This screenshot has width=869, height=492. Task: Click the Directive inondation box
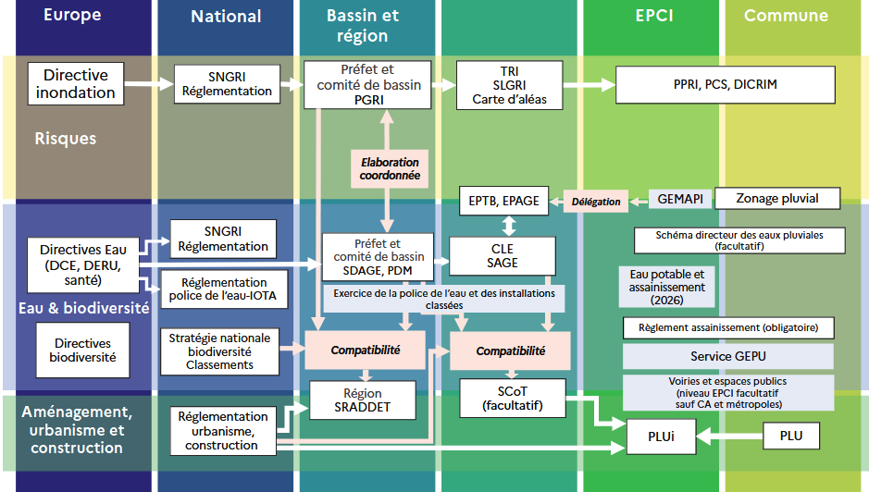(x=75, y=83)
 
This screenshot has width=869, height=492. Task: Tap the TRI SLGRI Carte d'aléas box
(x=510, y=85)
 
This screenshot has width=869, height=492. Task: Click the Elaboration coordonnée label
(x=390, y=168)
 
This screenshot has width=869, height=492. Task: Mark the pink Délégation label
(x=596, y=201)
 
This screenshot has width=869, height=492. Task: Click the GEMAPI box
(x=680, y=199)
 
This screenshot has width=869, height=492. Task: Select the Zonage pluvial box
(x=776, y=198)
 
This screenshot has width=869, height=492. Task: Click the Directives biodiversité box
(x=83, y=351)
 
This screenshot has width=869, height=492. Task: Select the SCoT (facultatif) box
(x=512, y=397)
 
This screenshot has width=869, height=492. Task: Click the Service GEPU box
(x=727, y=356)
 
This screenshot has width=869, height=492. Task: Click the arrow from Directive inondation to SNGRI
(x=148, y=84)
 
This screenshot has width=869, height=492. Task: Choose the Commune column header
(x=785, y=16)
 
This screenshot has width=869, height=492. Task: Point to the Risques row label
(x=65, y=139)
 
